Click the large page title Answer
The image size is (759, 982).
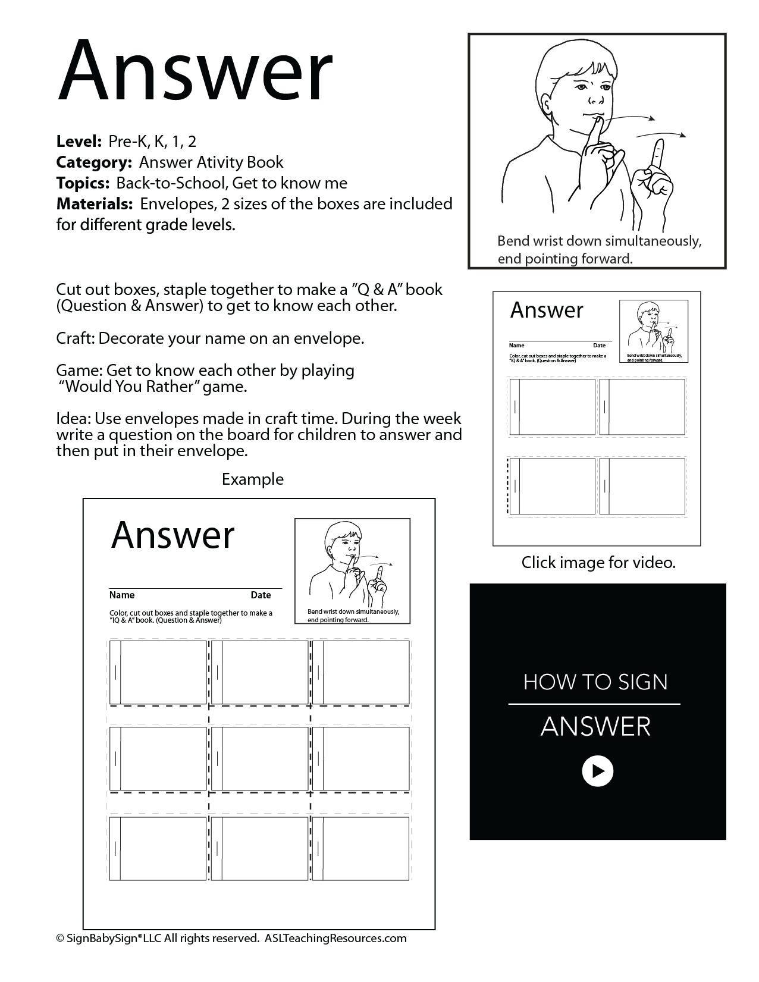coord(195,72)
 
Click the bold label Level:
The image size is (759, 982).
coord(79,142)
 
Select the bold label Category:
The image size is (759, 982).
coord(94,162)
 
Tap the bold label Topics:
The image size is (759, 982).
coord(83,183)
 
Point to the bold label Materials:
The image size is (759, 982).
coord(94,204)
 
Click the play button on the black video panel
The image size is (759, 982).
coord(597,771)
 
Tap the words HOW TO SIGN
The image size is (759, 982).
coord(595,682)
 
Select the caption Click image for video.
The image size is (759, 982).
coord(598,562)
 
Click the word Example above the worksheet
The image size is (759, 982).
coord(252,479)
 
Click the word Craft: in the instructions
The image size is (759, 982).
coord(76,338)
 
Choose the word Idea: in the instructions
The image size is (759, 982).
coord(73,419)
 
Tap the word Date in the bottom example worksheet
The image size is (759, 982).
coord(261,595)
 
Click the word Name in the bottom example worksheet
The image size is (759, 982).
coord(122,595)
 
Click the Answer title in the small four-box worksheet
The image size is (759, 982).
coord(547,310)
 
